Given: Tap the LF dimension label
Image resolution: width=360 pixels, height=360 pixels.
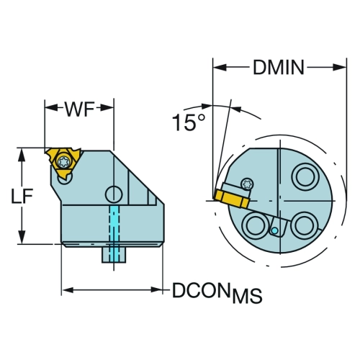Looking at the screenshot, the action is point(22,197).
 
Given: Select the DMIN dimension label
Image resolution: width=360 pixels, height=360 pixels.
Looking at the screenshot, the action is point(279,68).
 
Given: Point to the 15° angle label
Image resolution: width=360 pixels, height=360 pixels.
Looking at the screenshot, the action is point(189,122).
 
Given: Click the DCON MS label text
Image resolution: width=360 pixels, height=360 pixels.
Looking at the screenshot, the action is point(217,292).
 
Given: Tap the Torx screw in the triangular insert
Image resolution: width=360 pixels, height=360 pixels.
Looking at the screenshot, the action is point(63,162).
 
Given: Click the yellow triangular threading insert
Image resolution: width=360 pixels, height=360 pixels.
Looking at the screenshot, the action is point(63,162).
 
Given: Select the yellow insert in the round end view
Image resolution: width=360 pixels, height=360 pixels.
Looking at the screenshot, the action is point(232,199).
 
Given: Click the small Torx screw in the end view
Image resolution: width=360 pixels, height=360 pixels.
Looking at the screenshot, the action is point(247,184).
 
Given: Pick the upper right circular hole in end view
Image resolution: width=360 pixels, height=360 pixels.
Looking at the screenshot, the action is point(305,176).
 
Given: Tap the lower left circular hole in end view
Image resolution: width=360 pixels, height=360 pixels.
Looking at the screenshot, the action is point(255,225).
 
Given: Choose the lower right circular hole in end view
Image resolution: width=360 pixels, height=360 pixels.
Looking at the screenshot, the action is point(304,225).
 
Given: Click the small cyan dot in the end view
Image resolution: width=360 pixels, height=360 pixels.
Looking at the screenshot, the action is point(274,231).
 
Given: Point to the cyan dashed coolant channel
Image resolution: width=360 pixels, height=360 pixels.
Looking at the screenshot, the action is point(114,233).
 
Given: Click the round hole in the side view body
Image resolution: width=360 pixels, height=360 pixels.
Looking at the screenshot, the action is point(114,194).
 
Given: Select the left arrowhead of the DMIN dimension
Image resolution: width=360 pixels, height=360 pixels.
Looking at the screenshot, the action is point(220,68).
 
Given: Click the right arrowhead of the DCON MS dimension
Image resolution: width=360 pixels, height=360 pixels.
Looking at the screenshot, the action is point(157,289).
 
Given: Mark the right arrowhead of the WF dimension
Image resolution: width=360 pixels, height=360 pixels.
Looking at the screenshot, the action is point(107,108).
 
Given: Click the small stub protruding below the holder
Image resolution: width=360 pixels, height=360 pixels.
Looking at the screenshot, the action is point(114,255).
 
